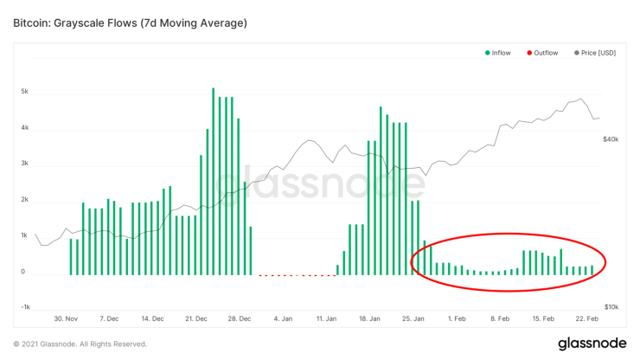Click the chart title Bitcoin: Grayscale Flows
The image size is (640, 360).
(131, 22)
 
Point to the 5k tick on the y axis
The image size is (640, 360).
(26, 91)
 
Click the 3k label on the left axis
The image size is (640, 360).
(26, 164)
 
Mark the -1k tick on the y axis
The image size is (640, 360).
(25, 307)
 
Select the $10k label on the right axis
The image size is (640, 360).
(610, 307)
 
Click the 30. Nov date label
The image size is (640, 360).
(66, 318)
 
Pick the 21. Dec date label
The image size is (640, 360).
(196, 318)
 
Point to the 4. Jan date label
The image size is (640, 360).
(284, 318)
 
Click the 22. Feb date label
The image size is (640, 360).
(589, 318)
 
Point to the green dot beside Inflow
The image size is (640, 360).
(486, 54)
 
